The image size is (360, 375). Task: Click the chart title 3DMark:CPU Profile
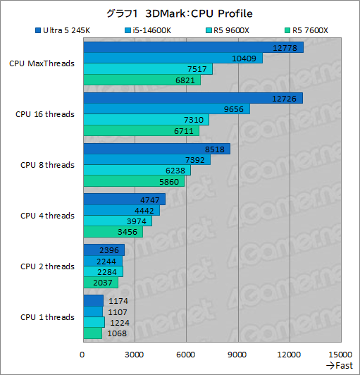tap(179, 13)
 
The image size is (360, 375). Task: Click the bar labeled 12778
tap(193, 48)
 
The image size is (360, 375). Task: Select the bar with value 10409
tap(173, 59)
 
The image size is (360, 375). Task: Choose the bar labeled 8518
tap(156, 149)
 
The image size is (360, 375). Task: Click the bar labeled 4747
tap(124, 199)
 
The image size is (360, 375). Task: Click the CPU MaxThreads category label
tap(42, 63)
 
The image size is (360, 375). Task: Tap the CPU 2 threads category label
tap(46, 266)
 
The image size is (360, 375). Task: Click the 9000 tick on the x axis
tap(237, 354)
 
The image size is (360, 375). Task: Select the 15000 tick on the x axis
tap(340, 354)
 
